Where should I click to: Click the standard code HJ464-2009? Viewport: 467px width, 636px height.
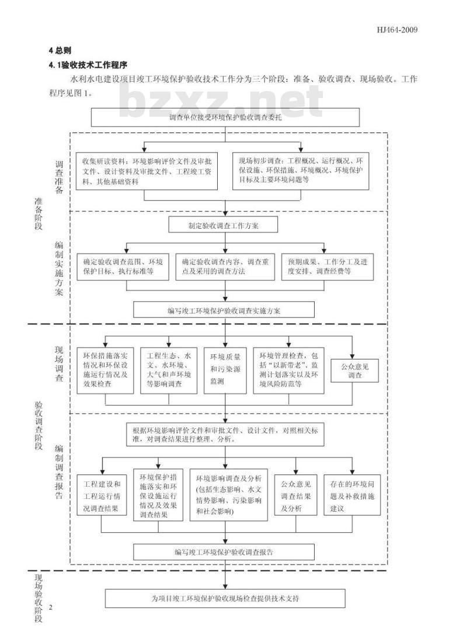click(x=398, y=30)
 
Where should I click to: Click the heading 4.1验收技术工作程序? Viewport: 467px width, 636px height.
click(x=88, y=64)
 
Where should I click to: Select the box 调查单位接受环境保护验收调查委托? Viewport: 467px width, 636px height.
click(x=225, y=117)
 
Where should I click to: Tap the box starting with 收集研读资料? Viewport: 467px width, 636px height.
click(x=147, y=171)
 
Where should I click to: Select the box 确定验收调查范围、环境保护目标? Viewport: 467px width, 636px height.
click(x=123, y=267)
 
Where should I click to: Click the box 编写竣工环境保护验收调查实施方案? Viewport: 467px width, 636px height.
click(x=224, y=309)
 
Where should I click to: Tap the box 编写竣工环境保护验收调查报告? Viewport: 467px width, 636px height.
click(x=224, y=551)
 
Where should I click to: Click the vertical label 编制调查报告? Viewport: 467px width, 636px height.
click(x=60, y=472)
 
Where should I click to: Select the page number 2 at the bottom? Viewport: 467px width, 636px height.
click(x=51, y=607)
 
